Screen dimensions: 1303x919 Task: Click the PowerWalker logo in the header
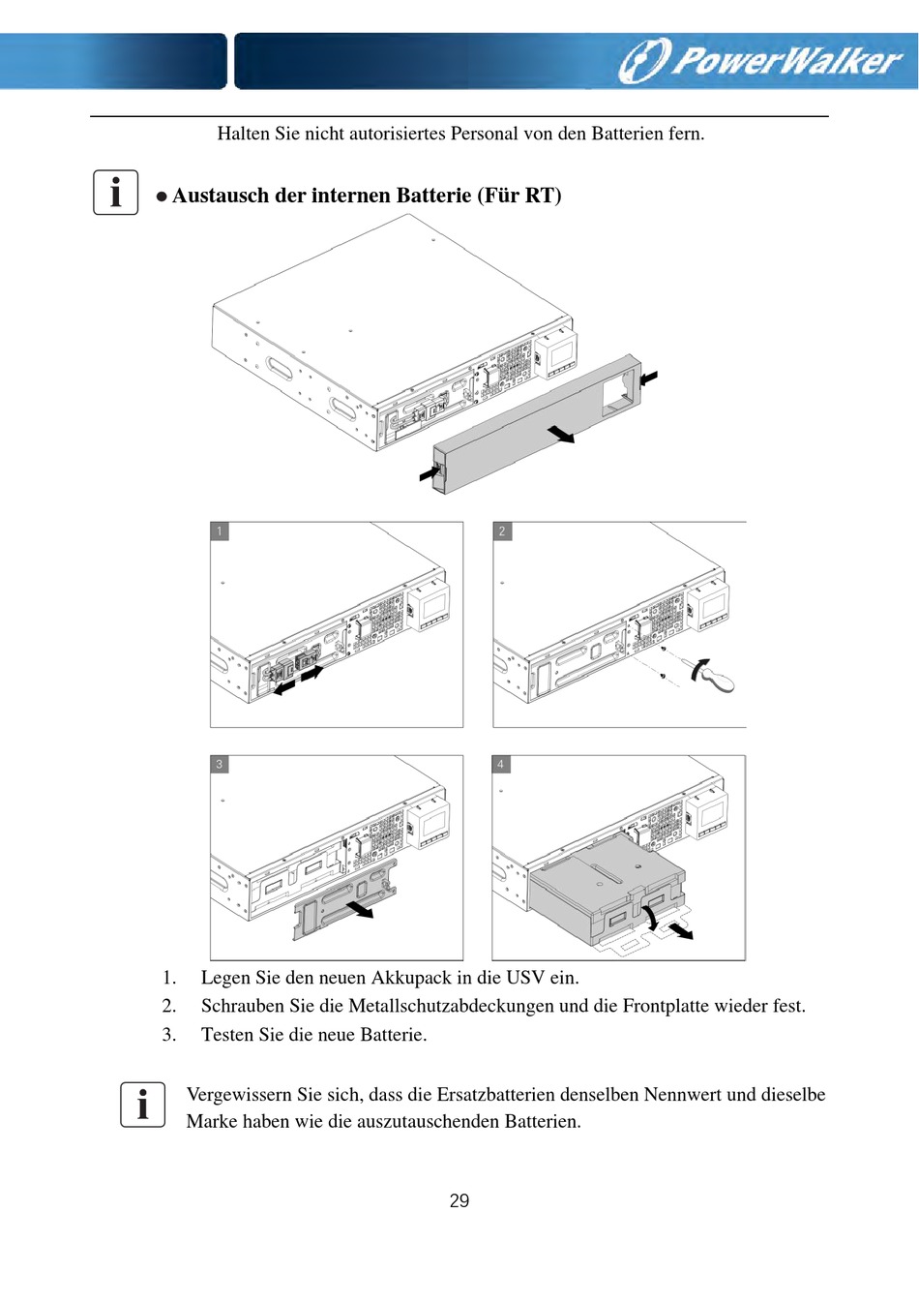[x=760, y=60]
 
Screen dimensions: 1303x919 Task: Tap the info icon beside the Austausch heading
[x=116, y=192]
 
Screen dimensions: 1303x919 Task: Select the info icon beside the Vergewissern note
[x=143, y=1105]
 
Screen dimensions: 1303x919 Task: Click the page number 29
[x=459, y=1201]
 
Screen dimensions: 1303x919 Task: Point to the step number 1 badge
[x=220, y=531]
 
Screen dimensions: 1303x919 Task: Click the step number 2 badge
[x=502, y=531]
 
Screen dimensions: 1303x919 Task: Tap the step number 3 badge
[x=220, y=765]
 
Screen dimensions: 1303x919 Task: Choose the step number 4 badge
[x=501, y=765]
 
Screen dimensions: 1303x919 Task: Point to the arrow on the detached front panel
[x=560, y=434]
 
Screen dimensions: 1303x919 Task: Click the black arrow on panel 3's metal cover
[x=360, y=909]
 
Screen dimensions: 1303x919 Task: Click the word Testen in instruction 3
[x=227, y=1035]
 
